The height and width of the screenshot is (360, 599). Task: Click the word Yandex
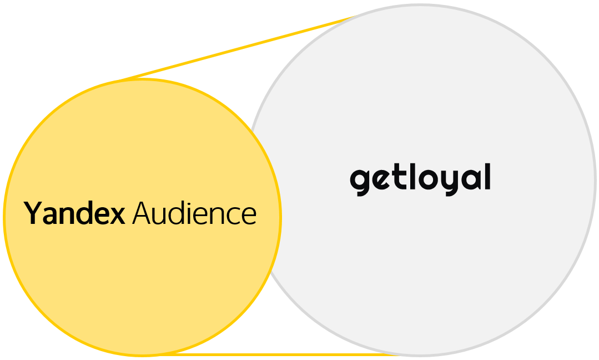74,214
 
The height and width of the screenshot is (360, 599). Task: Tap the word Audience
194,214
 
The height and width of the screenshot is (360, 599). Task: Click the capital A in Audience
144,213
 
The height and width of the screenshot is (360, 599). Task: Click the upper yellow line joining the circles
233,49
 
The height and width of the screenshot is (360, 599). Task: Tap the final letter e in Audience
249,216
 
